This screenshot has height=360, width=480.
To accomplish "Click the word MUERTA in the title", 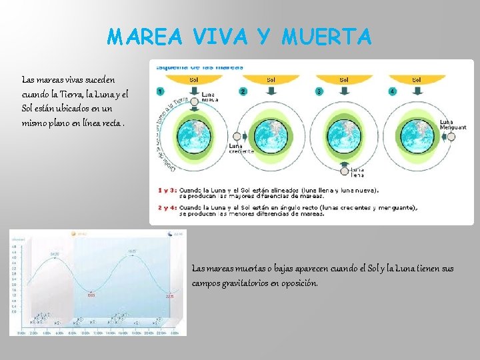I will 326,37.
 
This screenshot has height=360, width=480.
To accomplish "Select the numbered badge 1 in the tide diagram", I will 161,91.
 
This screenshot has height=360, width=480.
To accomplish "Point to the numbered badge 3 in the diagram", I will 319,91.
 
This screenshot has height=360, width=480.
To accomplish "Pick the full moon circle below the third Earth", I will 343,171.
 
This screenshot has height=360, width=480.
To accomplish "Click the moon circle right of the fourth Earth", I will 451,137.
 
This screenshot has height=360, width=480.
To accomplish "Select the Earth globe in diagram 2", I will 271,137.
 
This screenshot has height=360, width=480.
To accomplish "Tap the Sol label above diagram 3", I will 343,79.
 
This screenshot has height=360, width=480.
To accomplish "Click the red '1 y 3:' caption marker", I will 166,190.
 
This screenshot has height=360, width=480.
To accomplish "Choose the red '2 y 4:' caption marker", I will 166,208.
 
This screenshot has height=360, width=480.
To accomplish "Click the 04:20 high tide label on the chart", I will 54,254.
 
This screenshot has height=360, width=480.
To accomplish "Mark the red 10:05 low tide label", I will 91,295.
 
